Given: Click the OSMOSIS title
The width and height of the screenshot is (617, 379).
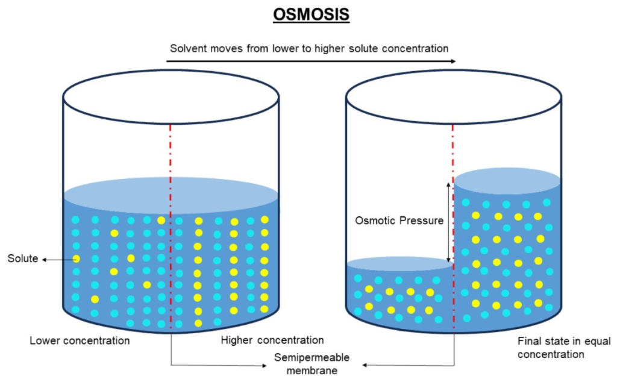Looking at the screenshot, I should click(311, 15).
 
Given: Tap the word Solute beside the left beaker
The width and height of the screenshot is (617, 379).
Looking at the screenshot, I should click(22, 259).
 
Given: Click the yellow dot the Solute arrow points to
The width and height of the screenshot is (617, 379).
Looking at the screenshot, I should click(77, 258).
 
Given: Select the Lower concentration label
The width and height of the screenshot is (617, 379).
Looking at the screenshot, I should click(80, 340).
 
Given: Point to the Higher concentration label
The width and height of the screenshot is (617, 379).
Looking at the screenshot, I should click(272, 340).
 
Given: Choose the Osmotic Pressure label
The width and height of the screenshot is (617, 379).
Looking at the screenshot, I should click(399, 221).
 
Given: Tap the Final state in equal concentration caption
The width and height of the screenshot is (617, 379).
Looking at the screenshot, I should click(551, 348).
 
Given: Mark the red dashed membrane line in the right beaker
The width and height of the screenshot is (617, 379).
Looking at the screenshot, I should click(453, 151).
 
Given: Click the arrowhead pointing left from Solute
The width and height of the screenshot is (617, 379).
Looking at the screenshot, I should click(44, 259).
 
